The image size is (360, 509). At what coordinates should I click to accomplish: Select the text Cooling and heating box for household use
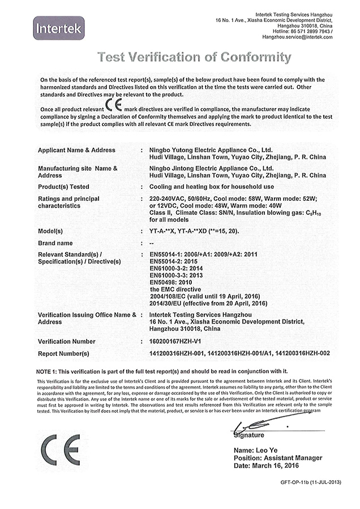pyautogui.click(x=212, y=186)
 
